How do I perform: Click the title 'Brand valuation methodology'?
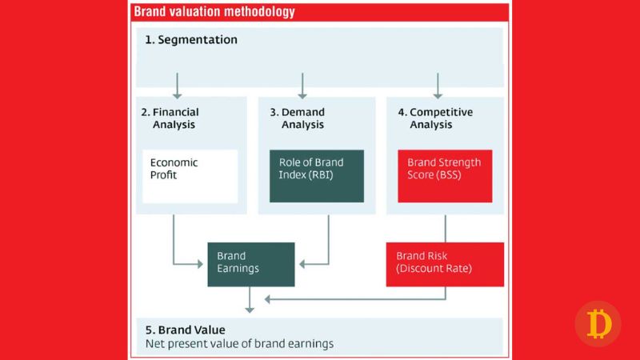214,12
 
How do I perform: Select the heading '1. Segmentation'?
191,39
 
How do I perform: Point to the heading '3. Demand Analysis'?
297,118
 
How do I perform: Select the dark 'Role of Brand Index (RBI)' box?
317,175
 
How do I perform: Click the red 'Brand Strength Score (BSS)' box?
445,175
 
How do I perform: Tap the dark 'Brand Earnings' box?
251,262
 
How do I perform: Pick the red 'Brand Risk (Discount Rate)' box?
445,262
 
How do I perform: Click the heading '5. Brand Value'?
186,330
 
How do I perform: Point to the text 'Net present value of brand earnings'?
239,344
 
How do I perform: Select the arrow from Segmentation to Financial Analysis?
178,85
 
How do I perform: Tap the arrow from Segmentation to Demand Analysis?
302,85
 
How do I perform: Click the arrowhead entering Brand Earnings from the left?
202,262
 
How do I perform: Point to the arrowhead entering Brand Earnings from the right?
302,262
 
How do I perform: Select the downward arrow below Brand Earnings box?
250,301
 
